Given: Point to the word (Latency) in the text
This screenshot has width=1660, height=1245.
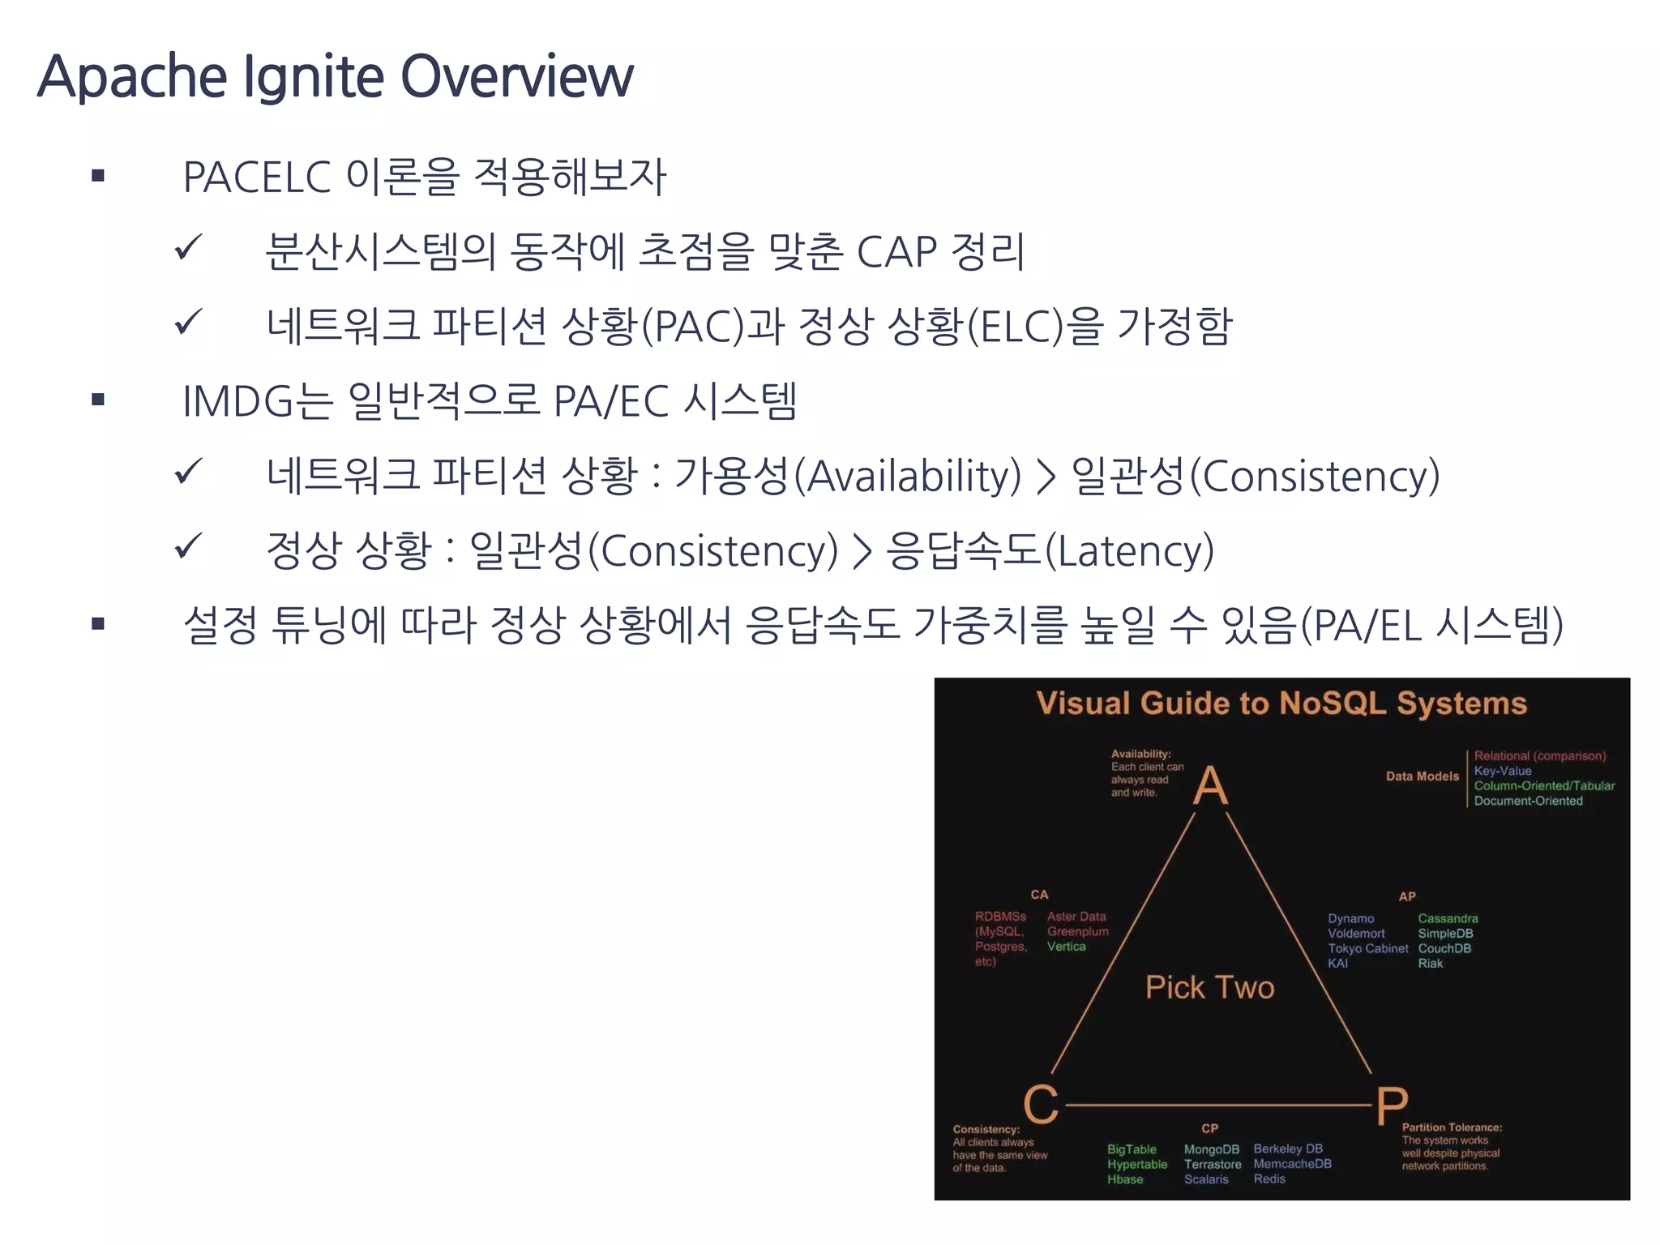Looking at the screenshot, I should click(x=1129, y=550).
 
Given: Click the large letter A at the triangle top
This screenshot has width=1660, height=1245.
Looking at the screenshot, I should click(x=1210, y=785).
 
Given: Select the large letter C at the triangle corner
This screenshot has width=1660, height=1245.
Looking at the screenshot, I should click(x=1041, y=1103).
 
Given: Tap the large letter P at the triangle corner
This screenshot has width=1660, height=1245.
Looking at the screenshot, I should click(x=1392, y=1106).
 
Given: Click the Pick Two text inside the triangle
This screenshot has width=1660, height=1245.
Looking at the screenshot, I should click(x=1209, y=987).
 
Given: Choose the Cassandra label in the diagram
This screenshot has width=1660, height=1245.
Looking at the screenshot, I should click(x=1448, y=918).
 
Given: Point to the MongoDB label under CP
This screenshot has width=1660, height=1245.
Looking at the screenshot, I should click(x=1211, y=1149).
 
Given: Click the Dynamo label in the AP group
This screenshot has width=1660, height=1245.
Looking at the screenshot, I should click(x=1350, y=918).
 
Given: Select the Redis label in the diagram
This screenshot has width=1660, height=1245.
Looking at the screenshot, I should click(x=1269, y=1179).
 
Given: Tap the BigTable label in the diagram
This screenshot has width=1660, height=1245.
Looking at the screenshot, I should click(x=1132, y=1149).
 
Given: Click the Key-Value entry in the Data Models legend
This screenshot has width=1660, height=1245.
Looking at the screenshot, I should click(x=1503, y=771).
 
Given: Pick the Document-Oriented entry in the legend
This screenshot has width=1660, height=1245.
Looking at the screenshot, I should click(x=1528, y=801).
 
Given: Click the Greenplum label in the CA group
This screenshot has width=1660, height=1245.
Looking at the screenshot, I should click(x=1077, y=931).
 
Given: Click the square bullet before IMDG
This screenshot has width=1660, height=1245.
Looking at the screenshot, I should click(x=98, y=400).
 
